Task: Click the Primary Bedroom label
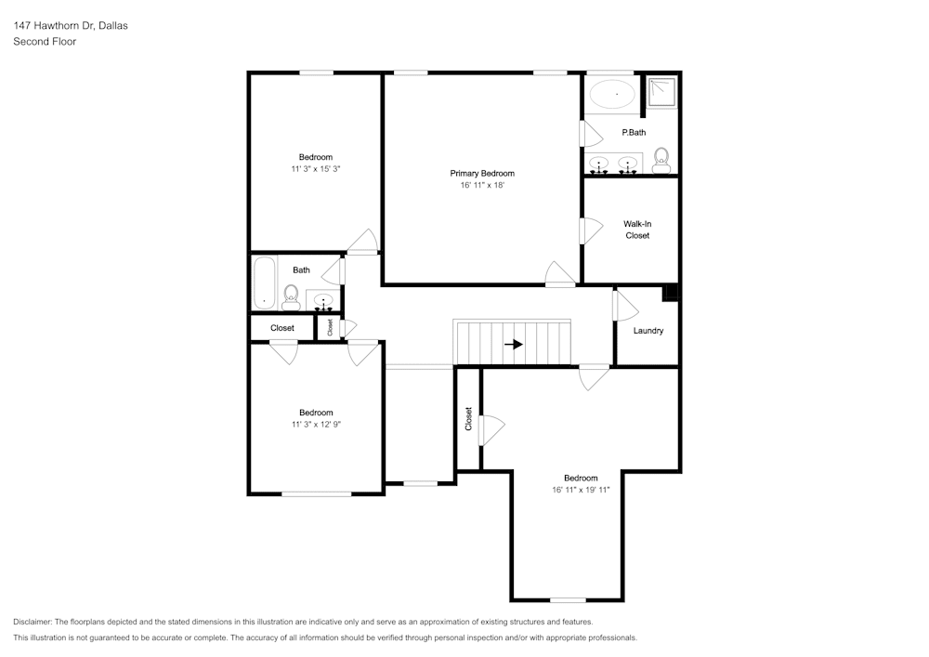pos(482,174)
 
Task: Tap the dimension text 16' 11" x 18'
pos(482,186)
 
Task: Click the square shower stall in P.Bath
pos(662,91)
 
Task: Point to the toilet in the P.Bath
pos(661,159)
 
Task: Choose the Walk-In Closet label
pos(636,230)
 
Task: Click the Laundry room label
pos(648,331)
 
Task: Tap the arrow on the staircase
pos(513,344)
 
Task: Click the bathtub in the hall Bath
pos(265,283)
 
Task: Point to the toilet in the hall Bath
pos(291,298)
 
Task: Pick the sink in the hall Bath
pos(322,300)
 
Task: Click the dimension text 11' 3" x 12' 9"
pos(315,425)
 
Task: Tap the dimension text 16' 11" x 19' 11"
pos(581,490)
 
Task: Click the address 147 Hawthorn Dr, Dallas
pos(71,26)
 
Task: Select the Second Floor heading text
pos(45,42)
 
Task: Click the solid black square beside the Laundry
pos(671,293)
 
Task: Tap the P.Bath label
pos(634,133)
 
